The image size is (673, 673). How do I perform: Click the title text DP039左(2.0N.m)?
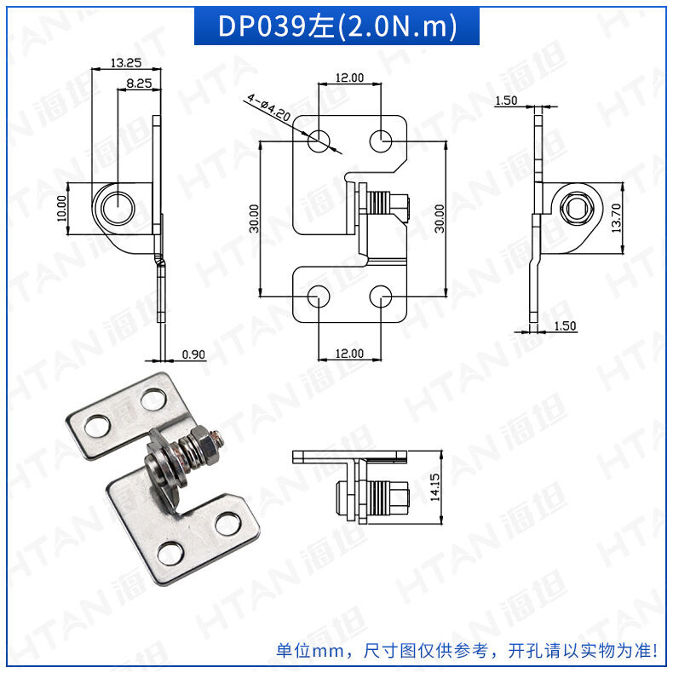[x=336, y=26]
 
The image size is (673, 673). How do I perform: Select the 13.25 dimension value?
[x=125, y=62]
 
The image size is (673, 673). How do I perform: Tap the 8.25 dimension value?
[x=138, y=83]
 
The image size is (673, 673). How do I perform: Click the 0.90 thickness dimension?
[x=193, y=354]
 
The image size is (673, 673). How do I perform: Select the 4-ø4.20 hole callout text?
[x=267, y=107]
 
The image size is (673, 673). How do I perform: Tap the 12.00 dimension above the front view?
[x=349, y=78]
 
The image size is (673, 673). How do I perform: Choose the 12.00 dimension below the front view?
[x=349, y=353]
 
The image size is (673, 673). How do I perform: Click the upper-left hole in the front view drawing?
[x=318, y=141]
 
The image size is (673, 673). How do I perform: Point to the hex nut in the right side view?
[x=573, y=207]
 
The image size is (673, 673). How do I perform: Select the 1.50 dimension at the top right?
[x=506, y=101]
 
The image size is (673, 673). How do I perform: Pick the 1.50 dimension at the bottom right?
[x=565, y=325]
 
